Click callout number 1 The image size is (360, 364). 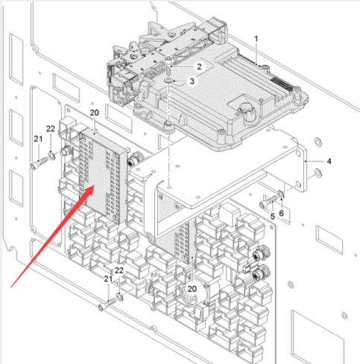click(256, 39)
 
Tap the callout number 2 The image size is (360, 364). click(199, 66)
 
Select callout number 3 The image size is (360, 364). click(192, 81)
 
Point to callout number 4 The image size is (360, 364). click(329, 162)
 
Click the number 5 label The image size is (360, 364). click(273, 217)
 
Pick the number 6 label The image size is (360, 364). click(281, 213)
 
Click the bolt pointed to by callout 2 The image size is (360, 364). click(168, 66)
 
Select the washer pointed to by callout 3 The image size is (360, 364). click(168, 80)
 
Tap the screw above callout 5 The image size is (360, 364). click(268, 202)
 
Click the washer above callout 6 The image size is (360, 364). click(280, 194)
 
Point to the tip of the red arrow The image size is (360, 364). click(94, 186)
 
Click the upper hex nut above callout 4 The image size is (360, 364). click(318, 142)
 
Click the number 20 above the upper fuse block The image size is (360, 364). click(95, 113)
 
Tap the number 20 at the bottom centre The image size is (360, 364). click(192, 289)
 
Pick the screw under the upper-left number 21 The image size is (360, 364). click(39, 163)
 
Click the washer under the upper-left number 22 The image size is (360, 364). click(51, 156)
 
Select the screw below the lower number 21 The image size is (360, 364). click(107, 304)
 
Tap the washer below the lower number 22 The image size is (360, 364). click(119, 297)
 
